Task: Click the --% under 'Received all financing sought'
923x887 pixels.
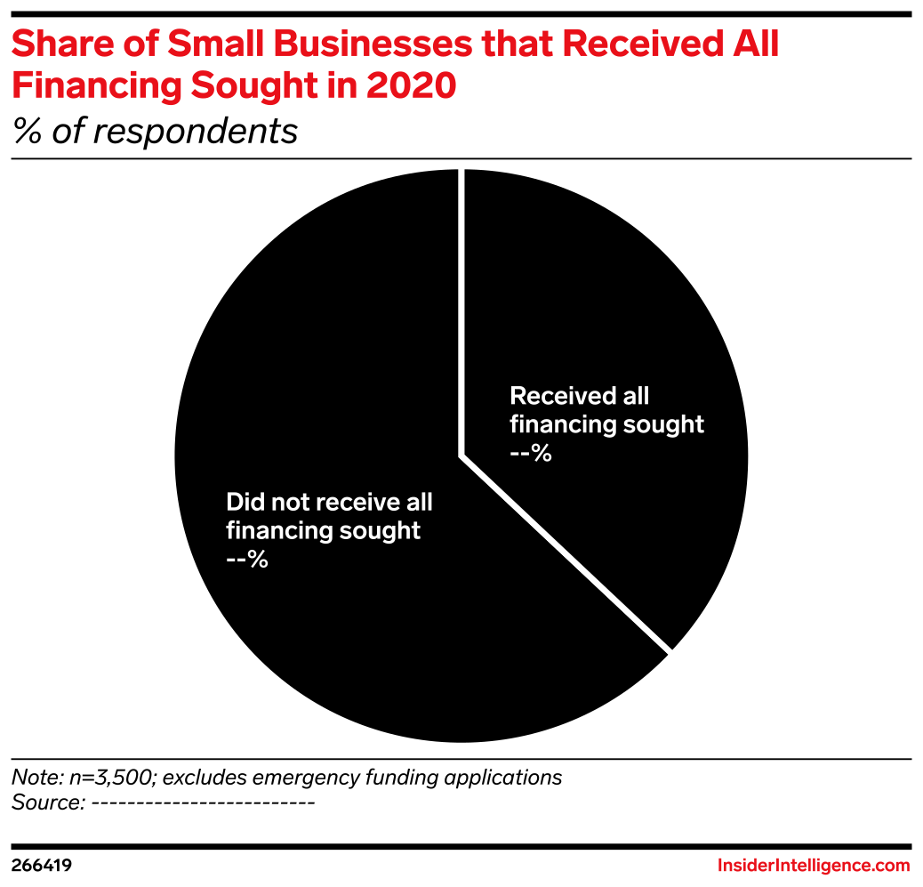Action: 530,454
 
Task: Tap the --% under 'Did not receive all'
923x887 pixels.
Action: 247,560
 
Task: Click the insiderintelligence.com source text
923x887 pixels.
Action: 814,866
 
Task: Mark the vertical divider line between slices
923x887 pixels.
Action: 461,311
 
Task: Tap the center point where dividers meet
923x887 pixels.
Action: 461,456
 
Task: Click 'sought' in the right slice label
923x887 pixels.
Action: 663,424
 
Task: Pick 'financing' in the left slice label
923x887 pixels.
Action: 278,531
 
